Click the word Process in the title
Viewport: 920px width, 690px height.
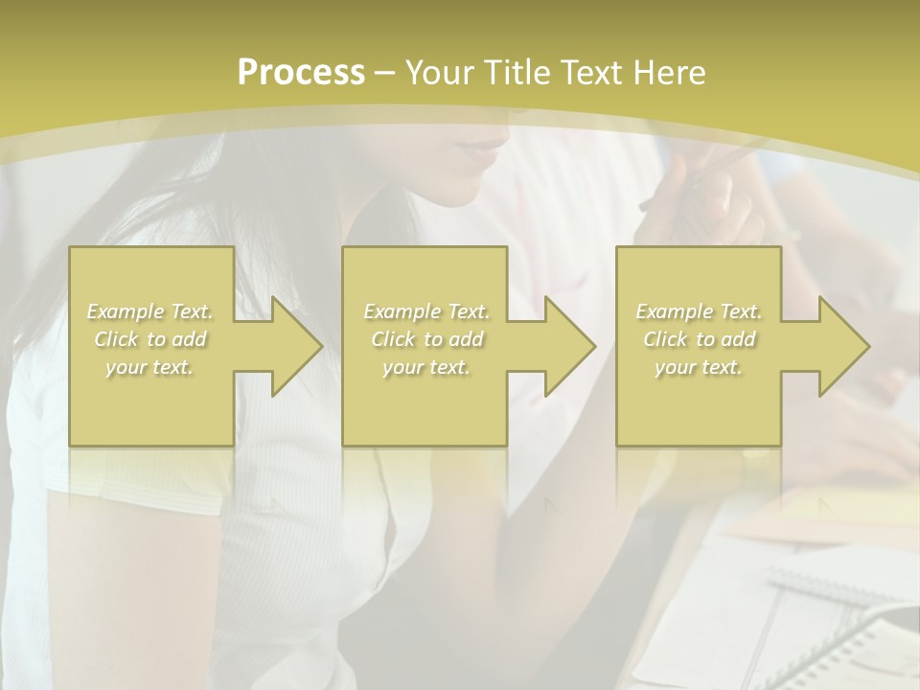point(301,73)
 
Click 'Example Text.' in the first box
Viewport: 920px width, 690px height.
point(150,311)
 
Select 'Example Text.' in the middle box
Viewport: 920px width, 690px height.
point(426,311)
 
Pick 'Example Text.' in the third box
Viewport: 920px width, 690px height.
point(699,311)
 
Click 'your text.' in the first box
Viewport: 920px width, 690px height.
point(150,367)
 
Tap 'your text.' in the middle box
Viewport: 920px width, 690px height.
point(426,367)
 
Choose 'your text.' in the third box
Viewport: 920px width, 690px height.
point(699,367)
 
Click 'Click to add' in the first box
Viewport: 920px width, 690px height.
point(150,339)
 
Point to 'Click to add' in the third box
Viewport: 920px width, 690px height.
point(699,339)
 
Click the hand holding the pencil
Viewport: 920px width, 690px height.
point(700,201)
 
